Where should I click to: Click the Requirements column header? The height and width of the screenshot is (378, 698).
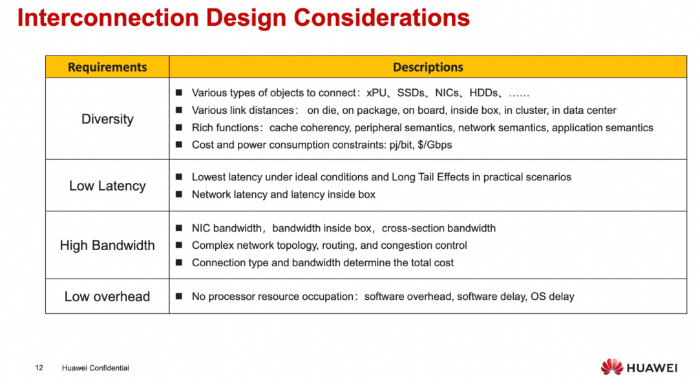107,67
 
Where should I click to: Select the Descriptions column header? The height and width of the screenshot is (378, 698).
428,67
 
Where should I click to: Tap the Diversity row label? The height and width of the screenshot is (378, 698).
107,119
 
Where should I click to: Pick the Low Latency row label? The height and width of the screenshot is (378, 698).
107,185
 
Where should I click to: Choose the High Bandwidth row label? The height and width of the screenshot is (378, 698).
107,246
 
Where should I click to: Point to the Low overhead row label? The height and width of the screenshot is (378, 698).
107,297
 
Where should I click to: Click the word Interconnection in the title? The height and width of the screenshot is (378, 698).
108,18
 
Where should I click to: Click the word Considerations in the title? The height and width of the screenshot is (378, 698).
381,18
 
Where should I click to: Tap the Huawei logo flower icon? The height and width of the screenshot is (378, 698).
611,367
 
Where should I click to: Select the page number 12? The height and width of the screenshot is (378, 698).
39,368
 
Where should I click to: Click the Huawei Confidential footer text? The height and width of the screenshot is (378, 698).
95,368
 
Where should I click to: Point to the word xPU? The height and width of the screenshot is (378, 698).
376,92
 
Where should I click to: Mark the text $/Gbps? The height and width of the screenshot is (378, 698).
434,145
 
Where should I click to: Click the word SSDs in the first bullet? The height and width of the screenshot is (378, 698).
410,92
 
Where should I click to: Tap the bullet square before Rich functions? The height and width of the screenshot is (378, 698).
179,127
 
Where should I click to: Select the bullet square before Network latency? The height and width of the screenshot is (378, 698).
179,194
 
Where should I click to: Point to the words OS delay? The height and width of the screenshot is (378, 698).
552,297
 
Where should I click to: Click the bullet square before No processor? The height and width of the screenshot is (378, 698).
179,296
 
